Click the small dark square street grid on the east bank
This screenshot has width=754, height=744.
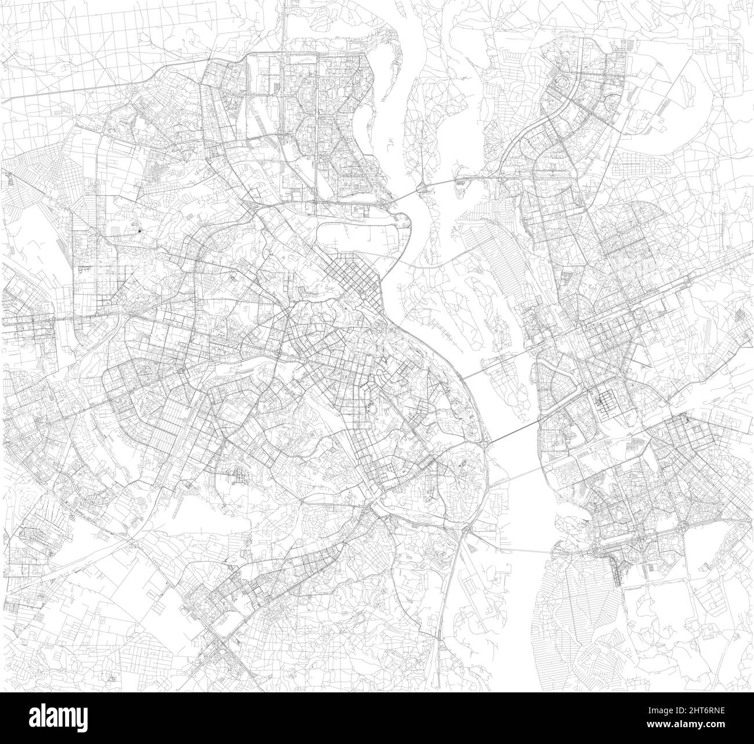[605, 401]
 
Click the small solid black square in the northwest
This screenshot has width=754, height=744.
[140, 230]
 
